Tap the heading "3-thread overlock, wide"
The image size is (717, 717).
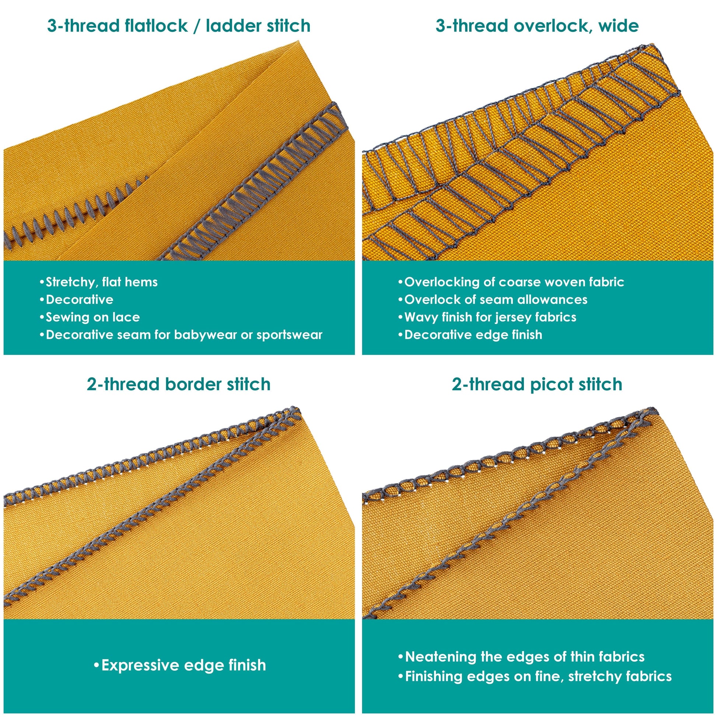[537, 26]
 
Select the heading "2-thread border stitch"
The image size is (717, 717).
[179, 384]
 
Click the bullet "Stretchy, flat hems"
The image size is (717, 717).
[99, 282]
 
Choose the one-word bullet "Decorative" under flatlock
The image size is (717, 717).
[76, 300]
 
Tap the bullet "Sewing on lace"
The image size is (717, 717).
[90, 317]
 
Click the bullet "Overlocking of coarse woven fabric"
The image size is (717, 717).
[511, 282]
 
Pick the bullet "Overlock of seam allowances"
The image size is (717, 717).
[493, 300]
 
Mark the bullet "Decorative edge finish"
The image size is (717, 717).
[470, 335]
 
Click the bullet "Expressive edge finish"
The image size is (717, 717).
[180, 665]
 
